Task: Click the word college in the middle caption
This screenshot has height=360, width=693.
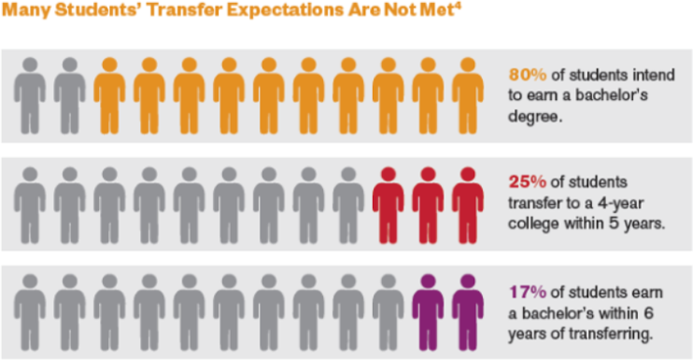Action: pos(536,223)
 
